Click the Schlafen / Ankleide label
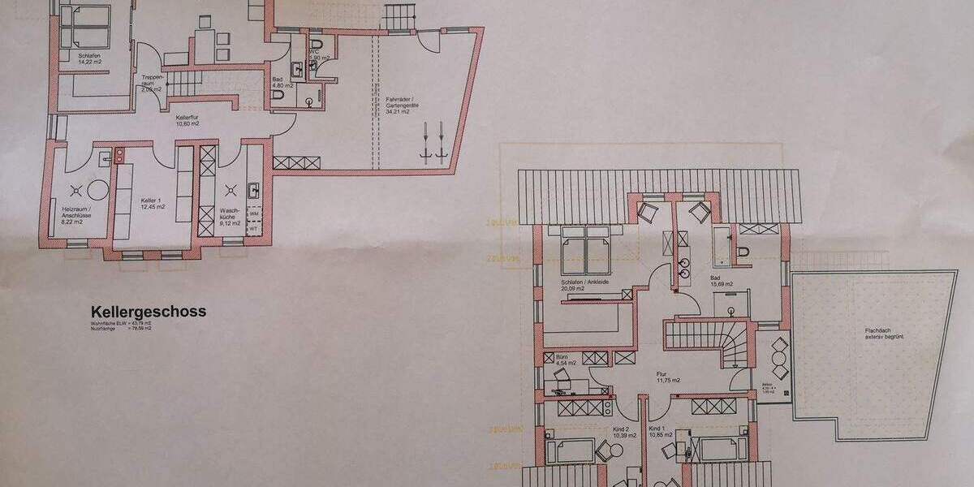click(584, 283)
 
